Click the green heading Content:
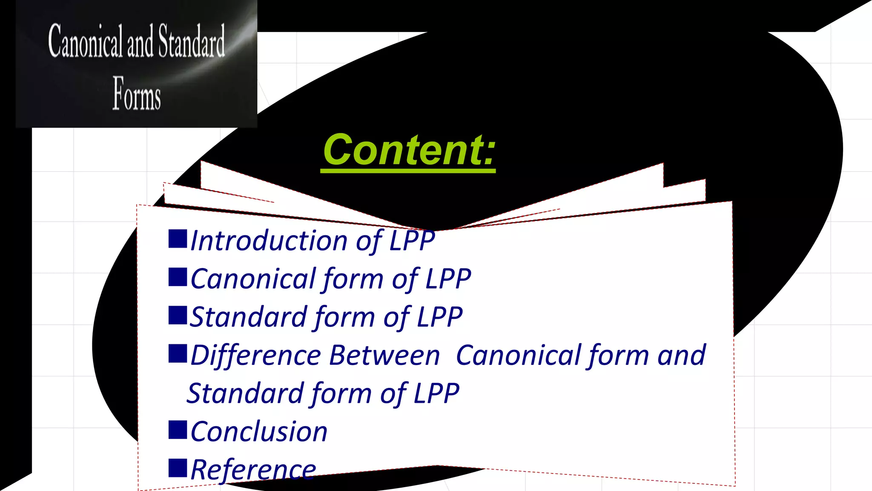(x=409, y=150)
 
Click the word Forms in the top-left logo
(x=137, y=94)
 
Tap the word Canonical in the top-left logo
(x=85, y=41)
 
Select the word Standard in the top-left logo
(x=192, y=41)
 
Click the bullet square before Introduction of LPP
(x=178, y=239)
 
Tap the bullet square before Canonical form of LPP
(x=178, y=277)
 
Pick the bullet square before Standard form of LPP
(x=178, y=315)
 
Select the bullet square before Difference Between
(x=178, y=353)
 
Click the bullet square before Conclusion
(x=178, y=430)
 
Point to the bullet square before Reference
(x=178, y=468)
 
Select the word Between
(x=384, y=355)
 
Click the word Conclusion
(x=259, y=432)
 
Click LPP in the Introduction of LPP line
(x=412, y=241)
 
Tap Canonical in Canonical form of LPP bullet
(x=253, y=279)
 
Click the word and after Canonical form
(x=681, y=355)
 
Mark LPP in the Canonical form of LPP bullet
(x=448, y=279)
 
